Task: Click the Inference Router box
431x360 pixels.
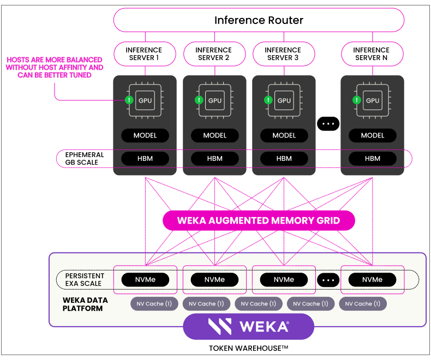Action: click(259, 20)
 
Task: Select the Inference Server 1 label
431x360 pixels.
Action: click(145, 54)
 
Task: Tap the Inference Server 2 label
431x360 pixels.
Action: click(213, 54)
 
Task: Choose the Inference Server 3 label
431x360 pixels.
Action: click(282, 54)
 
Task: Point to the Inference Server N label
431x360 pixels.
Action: click(372, 54)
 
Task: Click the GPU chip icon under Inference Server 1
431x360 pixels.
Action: click(145, 100)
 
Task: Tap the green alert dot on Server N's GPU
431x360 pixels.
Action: click(356, 100)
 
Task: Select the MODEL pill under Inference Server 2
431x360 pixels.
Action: click(214, 135)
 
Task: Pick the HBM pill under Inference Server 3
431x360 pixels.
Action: click(284, 159)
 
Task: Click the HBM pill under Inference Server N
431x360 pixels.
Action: click(372, 159)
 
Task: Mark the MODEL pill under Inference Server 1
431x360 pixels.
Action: click(145, 135)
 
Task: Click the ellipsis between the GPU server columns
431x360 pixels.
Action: click(328, 124)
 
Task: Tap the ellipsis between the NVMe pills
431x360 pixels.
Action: click(328, 280)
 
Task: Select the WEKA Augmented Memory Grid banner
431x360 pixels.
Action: click(259, 221)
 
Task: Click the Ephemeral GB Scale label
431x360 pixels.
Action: click(85, 159)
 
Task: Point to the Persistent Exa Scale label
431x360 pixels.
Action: click(85, 280)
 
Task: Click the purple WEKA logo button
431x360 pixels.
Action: click(248, 326)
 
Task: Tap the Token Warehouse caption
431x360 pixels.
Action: click(248, 348)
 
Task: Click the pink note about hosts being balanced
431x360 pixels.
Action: click(55, 67)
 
